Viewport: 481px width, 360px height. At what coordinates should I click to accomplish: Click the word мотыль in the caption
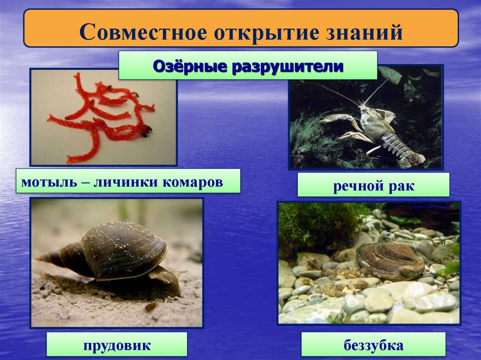click(42, 182)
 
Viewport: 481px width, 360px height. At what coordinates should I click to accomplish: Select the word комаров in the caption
click(193, 182)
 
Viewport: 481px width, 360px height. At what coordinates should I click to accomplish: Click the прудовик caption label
click(117, 346)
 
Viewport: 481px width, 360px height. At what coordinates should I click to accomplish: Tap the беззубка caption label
click(373, 346)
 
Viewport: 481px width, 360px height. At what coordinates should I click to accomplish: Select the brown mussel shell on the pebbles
click(390, 261)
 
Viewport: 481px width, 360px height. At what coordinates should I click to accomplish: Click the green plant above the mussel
click(319, 225)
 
